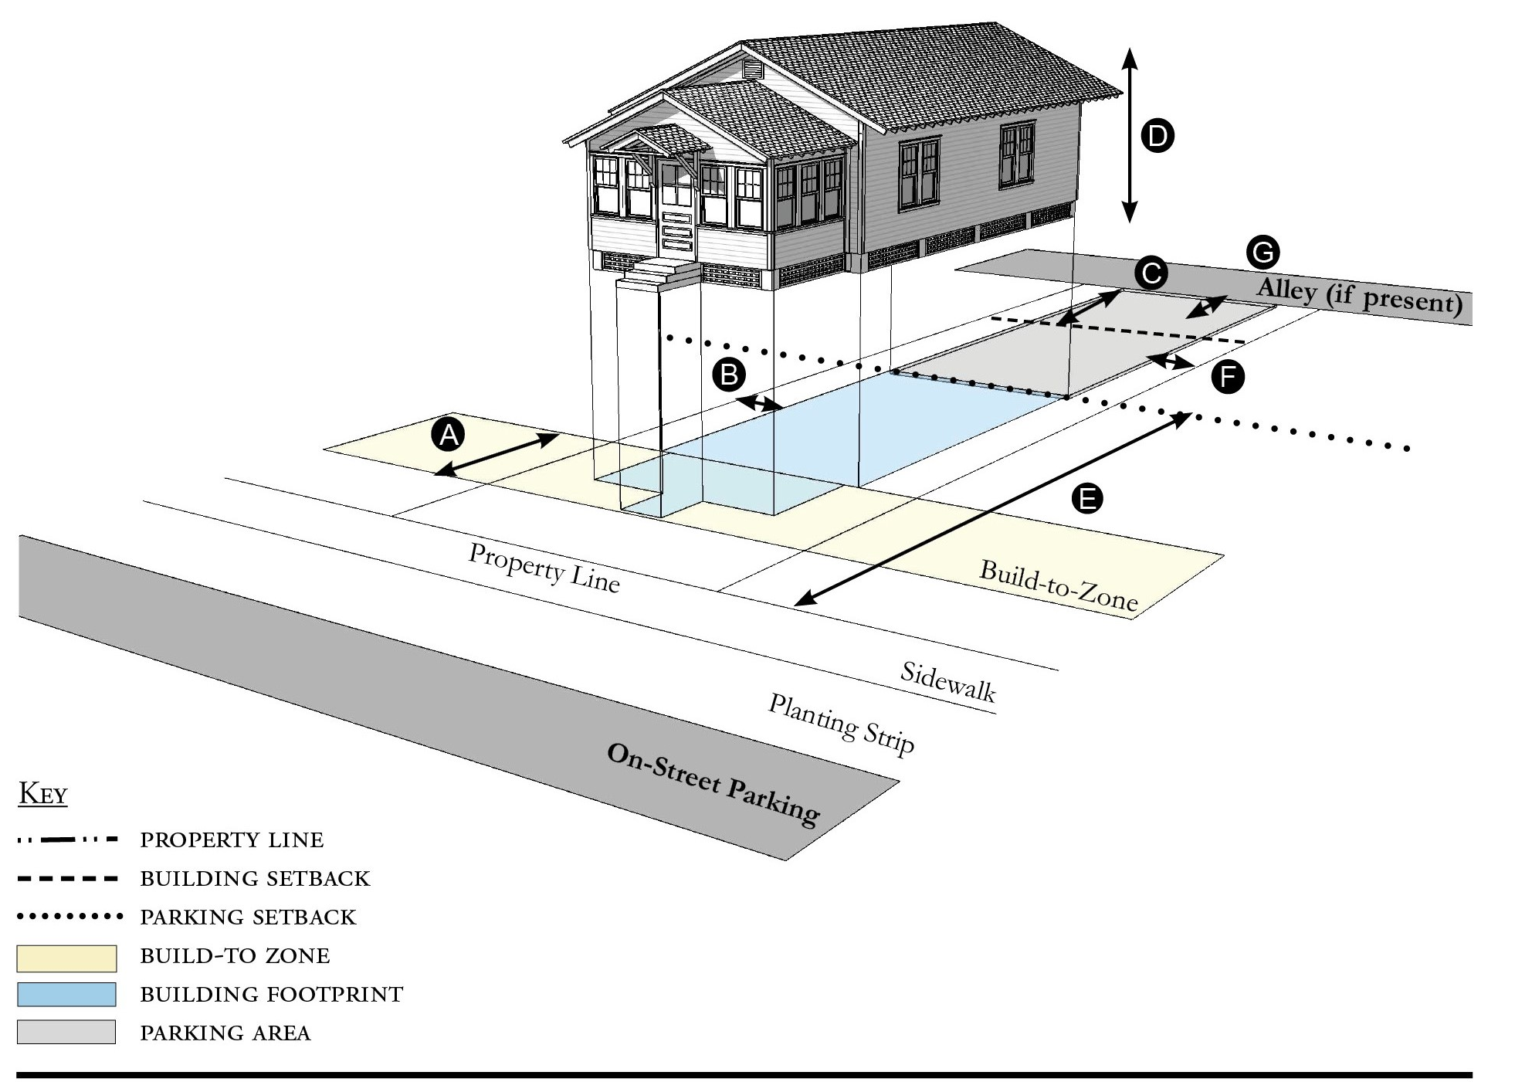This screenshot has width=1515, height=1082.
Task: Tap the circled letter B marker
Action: [728, 375]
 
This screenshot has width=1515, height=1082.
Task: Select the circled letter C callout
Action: [1151, 273]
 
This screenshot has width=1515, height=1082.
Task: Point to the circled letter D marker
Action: [1157, 136]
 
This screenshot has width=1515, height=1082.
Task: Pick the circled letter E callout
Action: [1087, 498]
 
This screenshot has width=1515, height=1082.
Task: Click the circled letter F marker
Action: [1227, 377]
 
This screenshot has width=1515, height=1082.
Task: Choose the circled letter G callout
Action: [1262, 252]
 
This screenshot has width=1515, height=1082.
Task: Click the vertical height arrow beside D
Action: [1129, 135]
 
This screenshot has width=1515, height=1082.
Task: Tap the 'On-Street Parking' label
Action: [712, 783]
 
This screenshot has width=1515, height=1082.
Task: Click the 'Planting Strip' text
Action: [841, 723]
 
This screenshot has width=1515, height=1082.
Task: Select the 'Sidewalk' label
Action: [947, 681]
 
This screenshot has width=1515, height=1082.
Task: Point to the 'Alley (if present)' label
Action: [1359, 296]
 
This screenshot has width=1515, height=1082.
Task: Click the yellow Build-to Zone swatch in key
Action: [66, 958]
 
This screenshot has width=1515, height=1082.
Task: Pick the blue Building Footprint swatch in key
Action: [66, 995]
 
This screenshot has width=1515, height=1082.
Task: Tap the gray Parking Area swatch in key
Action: [66, 1032]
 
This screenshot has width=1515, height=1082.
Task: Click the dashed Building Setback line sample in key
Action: [67, 879]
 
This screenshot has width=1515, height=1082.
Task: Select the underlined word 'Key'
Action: [42, 794]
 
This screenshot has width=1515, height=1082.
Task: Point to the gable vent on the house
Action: [752, 70]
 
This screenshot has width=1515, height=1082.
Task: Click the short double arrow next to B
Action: [760, 403]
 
